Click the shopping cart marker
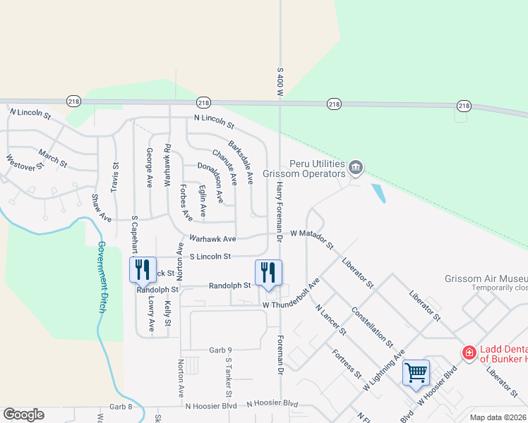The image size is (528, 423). (x=416, y=372)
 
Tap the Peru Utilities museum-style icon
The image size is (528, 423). (x=356, y=167)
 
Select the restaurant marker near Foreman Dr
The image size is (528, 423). (x=268, y=271)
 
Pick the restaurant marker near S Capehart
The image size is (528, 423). (x=143, y=269)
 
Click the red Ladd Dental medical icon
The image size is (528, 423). (x=468, y=352)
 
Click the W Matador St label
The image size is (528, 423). (x=311, y=238)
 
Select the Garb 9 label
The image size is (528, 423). (x=220, y=350)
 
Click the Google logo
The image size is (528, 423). (x=24, y=415)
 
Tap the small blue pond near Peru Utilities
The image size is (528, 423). (x=378, y=193)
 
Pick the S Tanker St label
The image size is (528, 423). (x=228, y=375)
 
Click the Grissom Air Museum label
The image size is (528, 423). (x=486, y=278)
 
